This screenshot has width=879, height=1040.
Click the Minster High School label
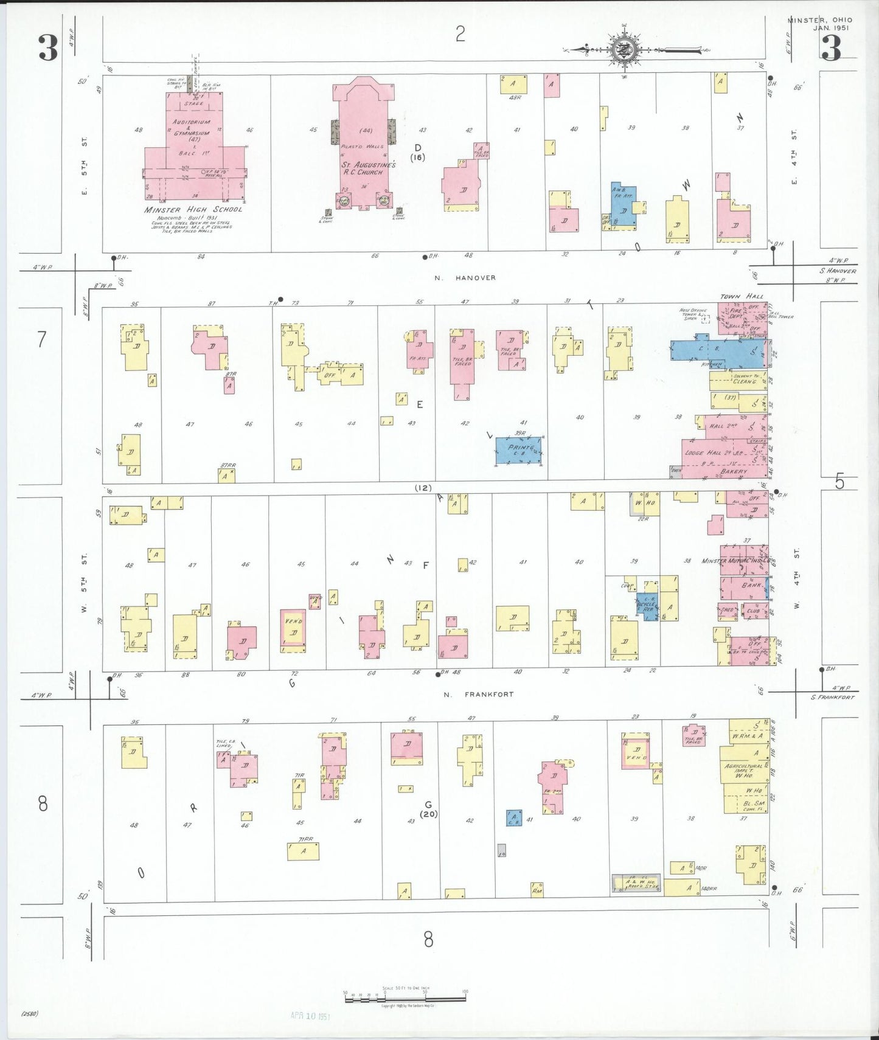(193, 210)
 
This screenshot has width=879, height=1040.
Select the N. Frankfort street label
(478, 694)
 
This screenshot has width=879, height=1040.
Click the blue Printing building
(518, 451)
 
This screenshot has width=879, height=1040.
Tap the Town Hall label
(741, 297)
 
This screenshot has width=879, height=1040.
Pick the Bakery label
(734, 471)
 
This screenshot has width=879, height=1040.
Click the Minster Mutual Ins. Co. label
(736, 561)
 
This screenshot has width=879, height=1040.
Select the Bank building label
(751, 585)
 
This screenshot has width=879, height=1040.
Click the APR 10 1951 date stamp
(310, 1015)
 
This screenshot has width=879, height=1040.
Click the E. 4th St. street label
(794, 157)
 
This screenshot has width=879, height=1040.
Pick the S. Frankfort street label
(833, 697)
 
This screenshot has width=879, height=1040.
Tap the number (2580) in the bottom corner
(29, 1013)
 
